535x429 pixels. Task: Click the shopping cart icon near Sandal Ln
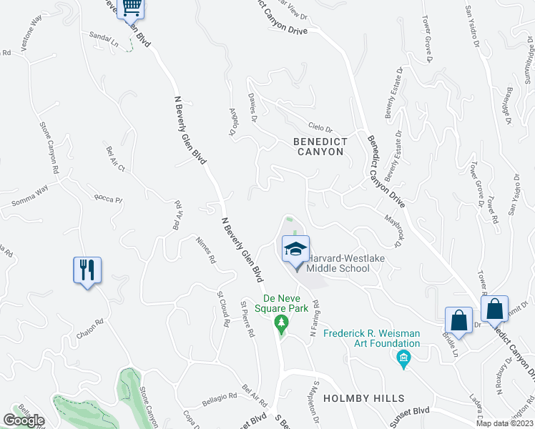coord(131,8)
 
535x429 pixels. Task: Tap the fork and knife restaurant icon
coord(87,270)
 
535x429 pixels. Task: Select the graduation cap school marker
coord(295,250)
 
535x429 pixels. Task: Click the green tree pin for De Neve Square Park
coord(282,325)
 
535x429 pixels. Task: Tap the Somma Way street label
coord(29,197)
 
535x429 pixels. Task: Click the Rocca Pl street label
coord(109,197)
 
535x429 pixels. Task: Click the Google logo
coord(24,420)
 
